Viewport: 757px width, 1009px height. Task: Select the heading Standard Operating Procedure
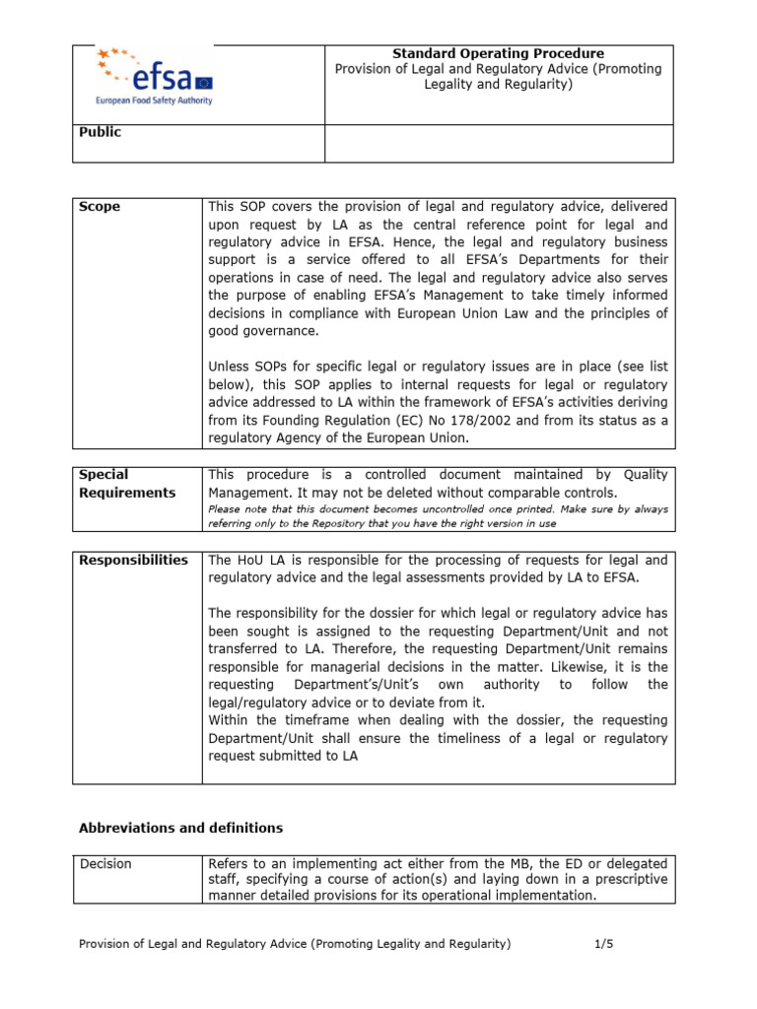[499, 53]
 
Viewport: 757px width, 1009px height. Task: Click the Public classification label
[100, 132]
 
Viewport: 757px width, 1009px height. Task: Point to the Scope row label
[99, 207]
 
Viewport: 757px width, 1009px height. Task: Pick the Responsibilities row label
[133, 560]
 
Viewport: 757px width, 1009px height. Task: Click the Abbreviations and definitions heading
[180, 828]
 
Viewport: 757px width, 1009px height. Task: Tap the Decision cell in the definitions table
[105, 864]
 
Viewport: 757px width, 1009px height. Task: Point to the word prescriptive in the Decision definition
[626, 879]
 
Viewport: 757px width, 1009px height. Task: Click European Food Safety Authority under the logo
[153, 100]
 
